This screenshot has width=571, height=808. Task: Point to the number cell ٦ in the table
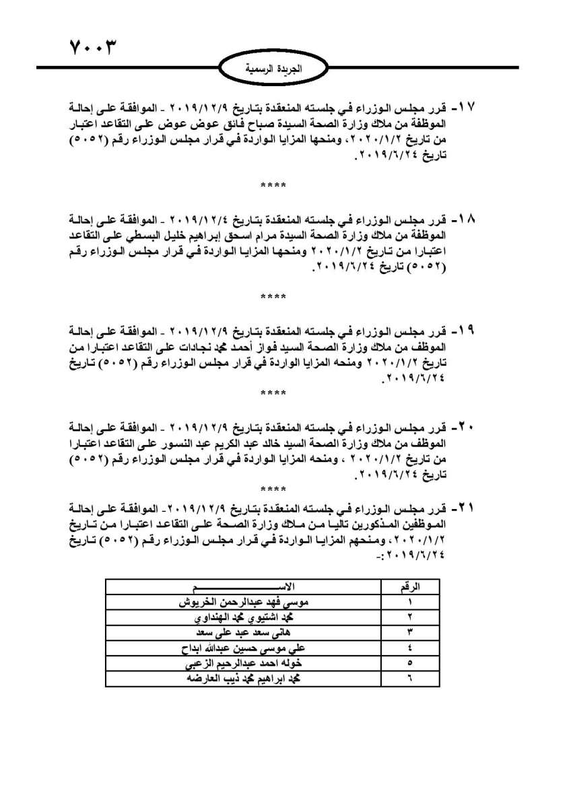coord(410,679)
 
